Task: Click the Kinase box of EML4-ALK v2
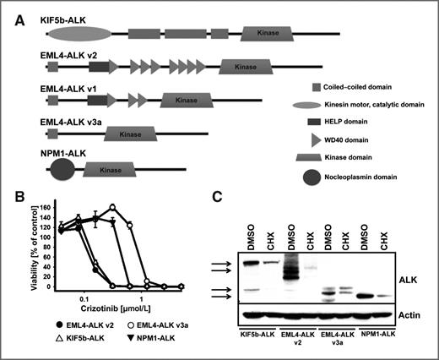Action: (x=244, y=66)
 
